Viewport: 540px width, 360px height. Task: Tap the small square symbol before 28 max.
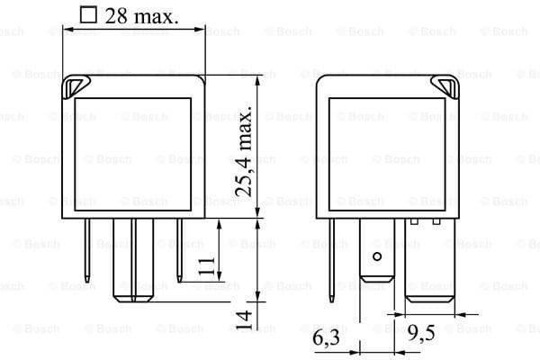[x=87, y=14]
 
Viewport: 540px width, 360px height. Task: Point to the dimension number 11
[x=207, y=266]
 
